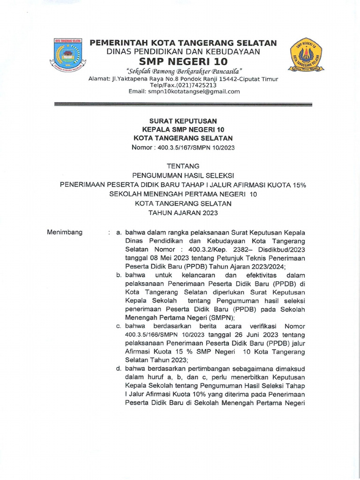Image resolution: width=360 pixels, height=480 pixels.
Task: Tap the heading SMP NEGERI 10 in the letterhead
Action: coord(183,62)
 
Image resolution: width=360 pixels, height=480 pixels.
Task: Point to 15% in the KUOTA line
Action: coord(299,185)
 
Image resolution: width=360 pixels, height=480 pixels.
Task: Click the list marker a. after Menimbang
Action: coord(119,232)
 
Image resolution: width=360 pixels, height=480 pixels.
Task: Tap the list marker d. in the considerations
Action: coord(119,368)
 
